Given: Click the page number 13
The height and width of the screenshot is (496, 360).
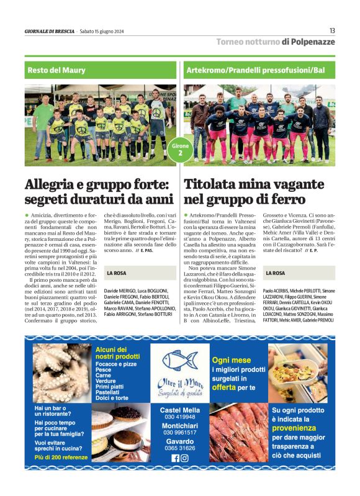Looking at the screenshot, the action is [332, 30].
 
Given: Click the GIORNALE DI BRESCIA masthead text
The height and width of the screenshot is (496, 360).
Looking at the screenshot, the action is [49, 31].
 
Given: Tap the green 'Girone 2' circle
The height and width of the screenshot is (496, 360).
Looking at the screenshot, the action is [180, 149].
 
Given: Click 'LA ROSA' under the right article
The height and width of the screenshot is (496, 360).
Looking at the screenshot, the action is [276, 273].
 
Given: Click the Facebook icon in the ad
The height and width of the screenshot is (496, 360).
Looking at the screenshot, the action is [175, 458].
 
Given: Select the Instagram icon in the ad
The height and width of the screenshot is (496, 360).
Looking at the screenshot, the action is [184, 458].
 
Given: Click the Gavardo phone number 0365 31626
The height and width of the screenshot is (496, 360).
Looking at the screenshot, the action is [180, 448].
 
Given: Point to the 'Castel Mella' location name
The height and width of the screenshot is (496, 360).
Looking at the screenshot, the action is [180, 410].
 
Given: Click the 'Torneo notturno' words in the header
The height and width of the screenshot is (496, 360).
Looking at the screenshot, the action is [248, 42].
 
